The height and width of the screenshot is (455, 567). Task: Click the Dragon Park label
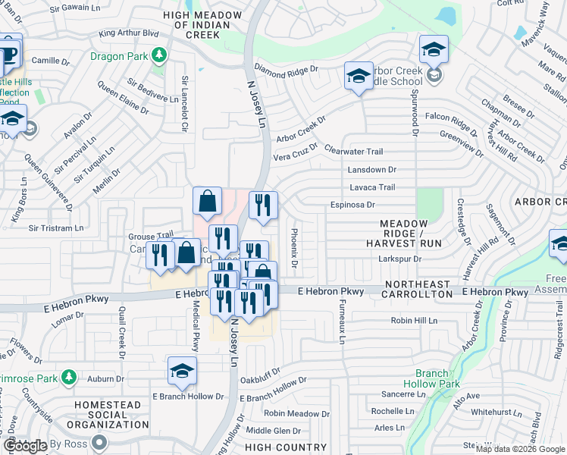pos(119,55)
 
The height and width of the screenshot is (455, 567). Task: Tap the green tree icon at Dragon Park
pos(158,55)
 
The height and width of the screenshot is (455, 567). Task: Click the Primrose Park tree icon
pos(69,377)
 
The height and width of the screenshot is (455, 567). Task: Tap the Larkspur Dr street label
pos(399,259)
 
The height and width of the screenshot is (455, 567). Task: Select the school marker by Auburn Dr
pos(182,371)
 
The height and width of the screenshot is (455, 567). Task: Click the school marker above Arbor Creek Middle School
pos(434,49)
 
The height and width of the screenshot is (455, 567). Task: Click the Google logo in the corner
pos(25,446)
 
